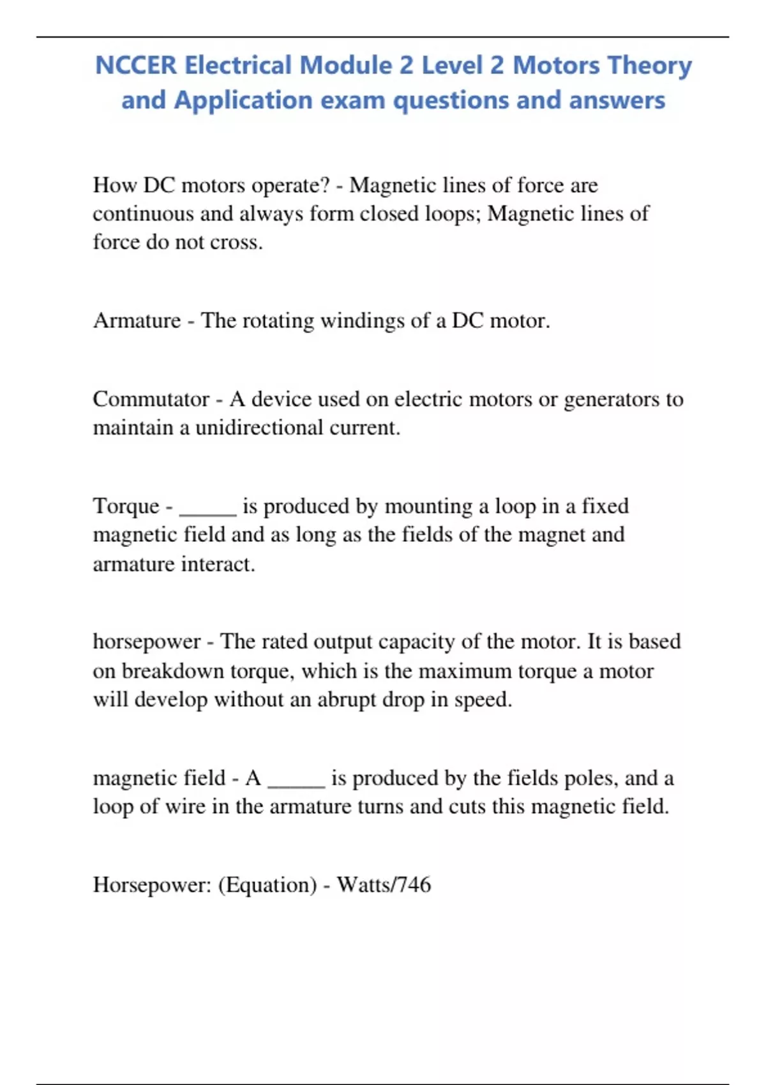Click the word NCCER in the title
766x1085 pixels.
[135, 66]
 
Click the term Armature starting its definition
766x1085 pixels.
[137, 320]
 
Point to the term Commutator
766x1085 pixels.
[151, 400]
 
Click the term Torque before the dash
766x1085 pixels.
[126, 506]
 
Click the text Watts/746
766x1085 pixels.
[384, 885]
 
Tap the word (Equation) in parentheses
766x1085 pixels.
[267, 885]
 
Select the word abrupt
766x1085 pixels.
[347, 700]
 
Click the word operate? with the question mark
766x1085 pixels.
[290, 186]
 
